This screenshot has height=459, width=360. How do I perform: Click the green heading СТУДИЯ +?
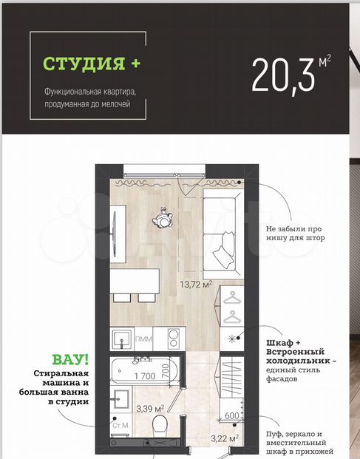click(x=92, y=64)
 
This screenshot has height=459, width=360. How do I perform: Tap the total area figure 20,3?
click(x=283, y=75)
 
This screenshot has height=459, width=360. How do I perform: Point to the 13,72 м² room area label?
click(x=196, y=284)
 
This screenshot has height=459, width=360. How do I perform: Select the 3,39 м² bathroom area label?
click(x=150, y=408)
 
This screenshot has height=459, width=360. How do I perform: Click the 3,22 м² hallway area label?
click(x=225, y=438)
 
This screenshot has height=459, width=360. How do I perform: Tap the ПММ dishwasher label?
click(x=143, y=339)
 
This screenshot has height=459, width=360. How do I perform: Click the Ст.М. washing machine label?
click(x=121, y=425)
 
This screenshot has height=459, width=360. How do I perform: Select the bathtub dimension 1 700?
click(x=145, y=375)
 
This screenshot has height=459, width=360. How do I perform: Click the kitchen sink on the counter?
click(x=122, y=339)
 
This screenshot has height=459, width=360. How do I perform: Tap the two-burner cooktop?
click(x=174, y=339)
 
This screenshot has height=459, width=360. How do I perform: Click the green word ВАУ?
click(x=70, y=360)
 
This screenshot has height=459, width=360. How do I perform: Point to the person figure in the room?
click(x=162, y=217)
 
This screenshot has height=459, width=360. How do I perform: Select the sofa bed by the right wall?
click(x=223, y=234)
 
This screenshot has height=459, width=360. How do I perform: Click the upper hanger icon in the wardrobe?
click(x=232, y=297)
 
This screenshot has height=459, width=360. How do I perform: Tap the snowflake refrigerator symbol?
click(x=231, y=339)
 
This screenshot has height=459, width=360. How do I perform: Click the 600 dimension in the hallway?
click(x=232, y=415)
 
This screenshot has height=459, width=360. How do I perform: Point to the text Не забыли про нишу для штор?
click(x=295, y=233)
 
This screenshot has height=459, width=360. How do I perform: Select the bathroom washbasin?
click(x=121, y=398)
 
